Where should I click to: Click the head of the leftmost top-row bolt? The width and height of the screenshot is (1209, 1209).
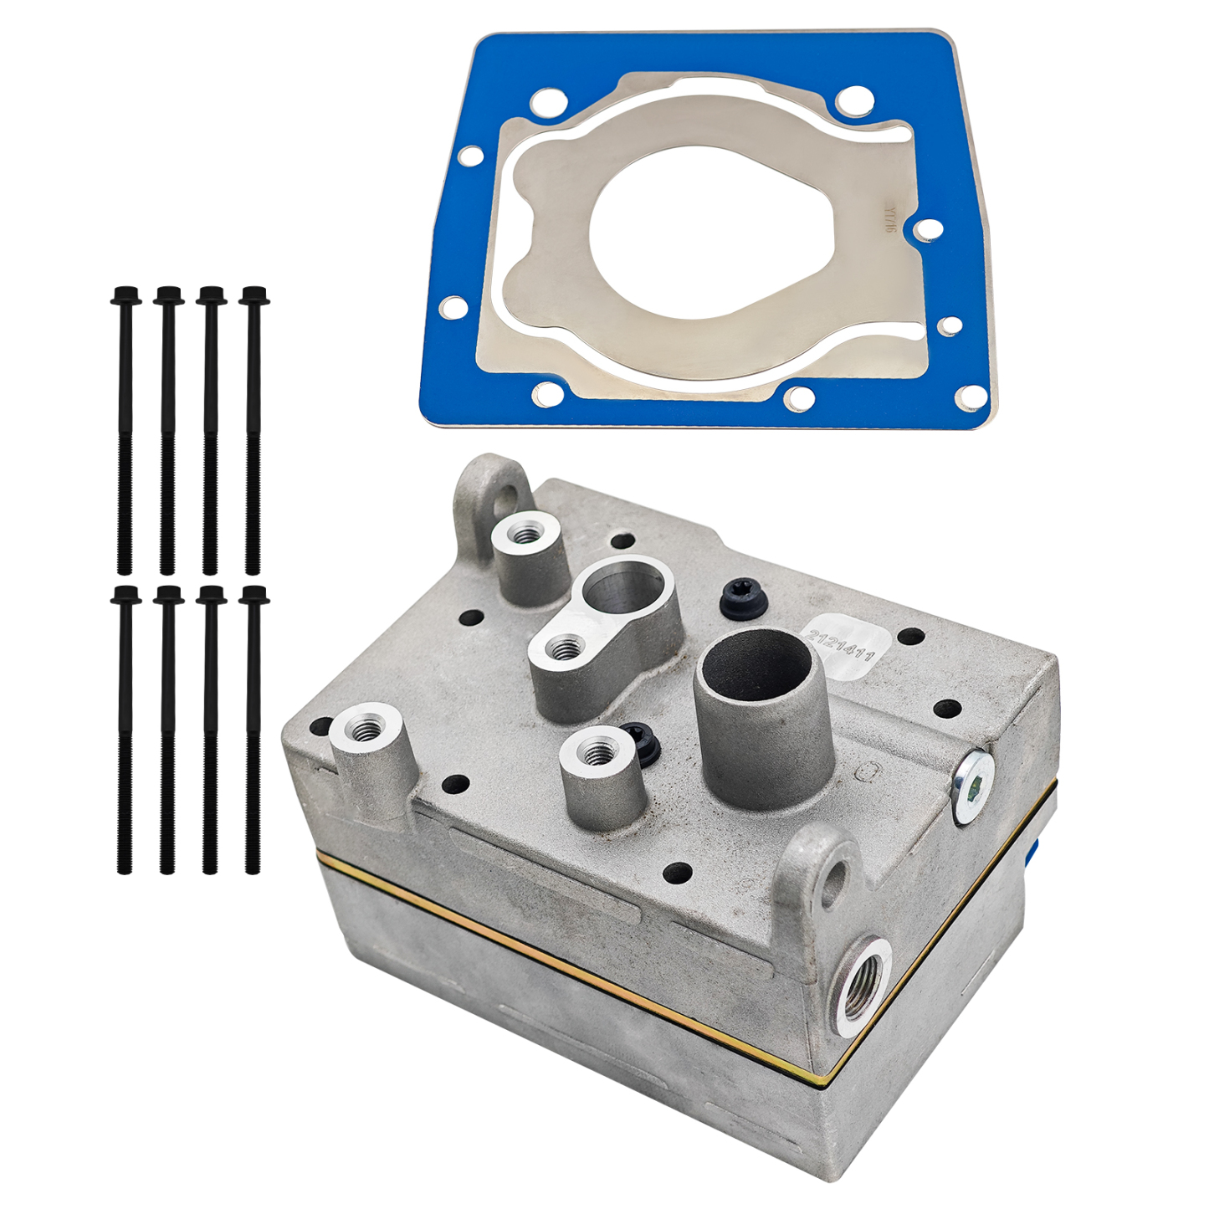(x=126, y=295)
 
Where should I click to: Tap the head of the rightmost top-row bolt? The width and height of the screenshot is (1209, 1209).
(x=254, y=295)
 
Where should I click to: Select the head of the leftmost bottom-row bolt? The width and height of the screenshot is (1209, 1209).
(x=126, y=596)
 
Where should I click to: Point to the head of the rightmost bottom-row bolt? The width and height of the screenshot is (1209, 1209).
(x=254, y=596)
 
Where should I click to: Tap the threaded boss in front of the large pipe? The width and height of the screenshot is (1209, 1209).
(x=599, y=754)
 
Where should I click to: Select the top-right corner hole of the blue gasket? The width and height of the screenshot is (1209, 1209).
(x=854, y=101)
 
